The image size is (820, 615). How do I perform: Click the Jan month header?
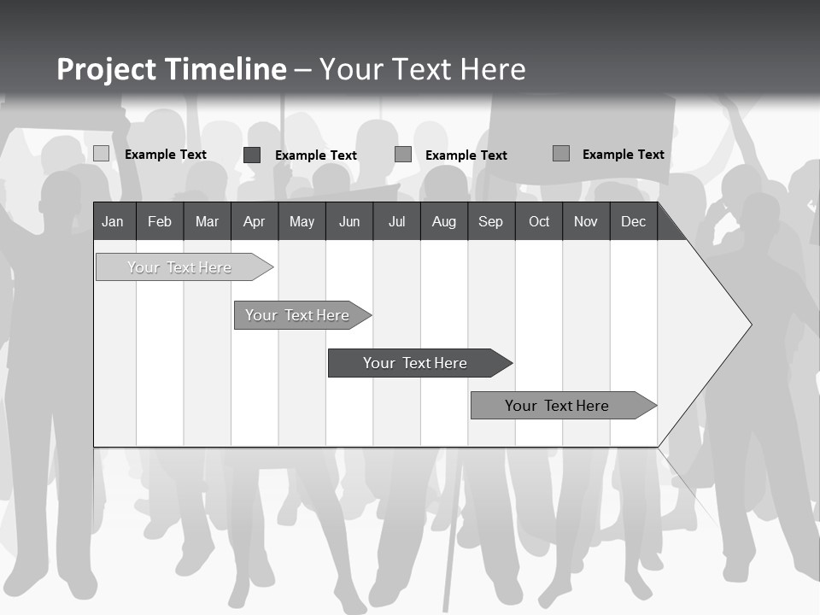coord(113,221)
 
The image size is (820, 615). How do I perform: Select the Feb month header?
coord(160,221)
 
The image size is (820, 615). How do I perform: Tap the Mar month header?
coord(207,221)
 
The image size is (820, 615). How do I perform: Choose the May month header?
coord(302,221)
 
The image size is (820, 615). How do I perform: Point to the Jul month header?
coord(396,221)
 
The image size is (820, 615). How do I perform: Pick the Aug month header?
coord(443,221)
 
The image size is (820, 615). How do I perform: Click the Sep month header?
coord(490,221)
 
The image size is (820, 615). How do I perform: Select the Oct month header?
coord(539,221)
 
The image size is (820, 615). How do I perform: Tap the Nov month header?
coord(586,221)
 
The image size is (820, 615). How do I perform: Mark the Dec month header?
coord(633,221)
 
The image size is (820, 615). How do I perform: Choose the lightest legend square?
coord(101,154)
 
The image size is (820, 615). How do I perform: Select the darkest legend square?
coord(252,155)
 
